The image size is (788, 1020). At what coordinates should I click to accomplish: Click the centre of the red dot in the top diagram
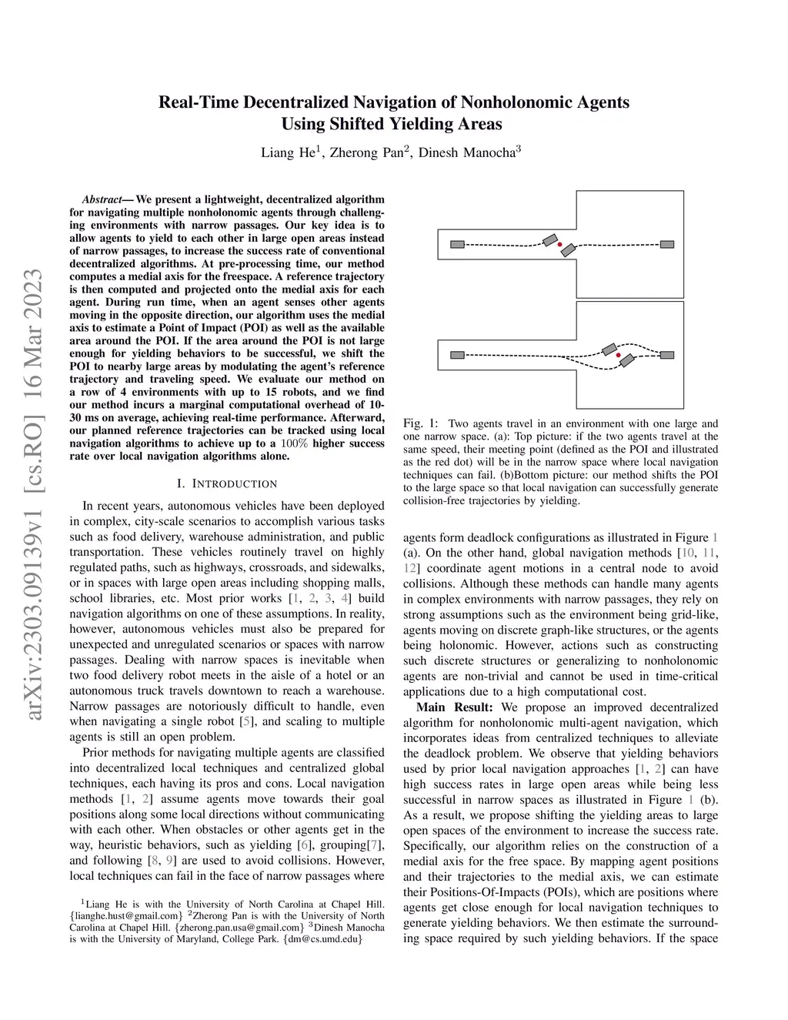559,245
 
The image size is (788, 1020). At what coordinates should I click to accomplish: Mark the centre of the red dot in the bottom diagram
618,356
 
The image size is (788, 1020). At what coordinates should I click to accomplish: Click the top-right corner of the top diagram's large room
683,191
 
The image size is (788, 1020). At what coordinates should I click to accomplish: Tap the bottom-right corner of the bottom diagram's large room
683,408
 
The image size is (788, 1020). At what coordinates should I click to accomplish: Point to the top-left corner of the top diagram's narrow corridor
438,229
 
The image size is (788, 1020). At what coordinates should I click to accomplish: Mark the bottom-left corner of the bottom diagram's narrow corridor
438,370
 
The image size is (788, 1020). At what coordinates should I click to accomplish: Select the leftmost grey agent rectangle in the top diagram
457,245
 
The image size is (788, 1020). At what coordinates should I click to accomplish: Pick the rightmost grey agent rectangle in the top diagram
667,245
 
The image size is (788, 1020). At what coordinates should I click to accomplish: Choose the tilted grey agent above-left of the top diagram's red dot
550,240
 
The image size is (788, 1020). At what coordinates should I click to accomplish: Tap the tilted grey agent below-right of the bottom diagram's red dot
627,360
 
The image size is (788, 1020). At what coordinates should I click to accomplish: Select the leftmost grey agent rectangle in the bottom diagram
457,356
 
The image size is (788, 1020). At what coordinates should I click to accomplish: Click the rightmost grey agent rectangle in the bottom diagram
667,356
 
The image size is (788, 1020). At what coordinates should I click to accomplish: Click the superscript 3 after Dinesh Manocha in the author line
519,149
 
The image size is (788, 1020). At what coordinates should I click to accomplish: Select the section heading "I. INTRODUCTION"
227,484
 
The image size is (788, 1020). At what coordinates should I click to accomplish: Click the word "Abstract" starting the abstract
102,199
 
